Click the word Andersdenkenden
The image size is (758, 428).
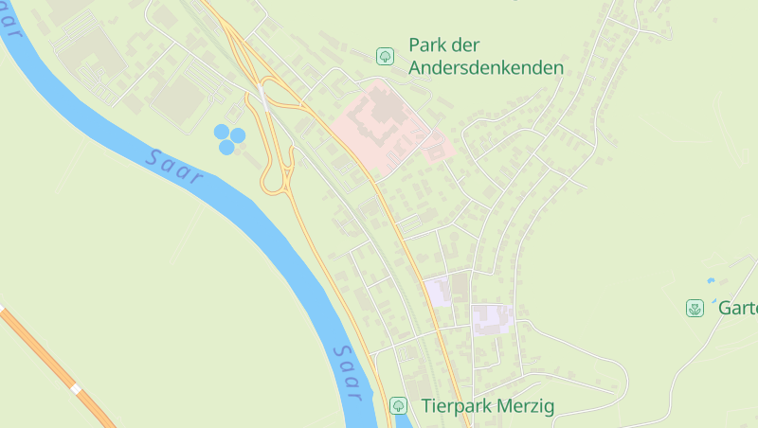click(x=486, y=68)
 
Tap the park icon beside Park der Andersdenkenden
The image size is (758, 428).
click(x=386, y=56)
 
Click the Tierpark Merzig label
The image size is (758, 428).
click(x=486, y=406)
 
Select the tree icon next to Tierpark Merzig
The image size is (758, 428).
click(x=399, y=406)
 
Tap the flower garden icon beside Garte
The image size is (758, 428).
click(x=695, y=308)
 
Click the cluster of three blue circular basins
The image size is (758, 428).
click(x=228, y=138)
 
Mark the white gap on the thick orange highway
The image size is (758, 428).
click(x=75, y=388)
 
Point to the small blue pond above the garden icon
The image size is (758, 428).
click(x=711, y=280)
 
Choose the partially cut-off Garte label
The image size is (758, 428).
click(x=737, y=308)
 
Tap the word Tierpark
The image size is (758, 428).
click(x=451, y=406)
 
